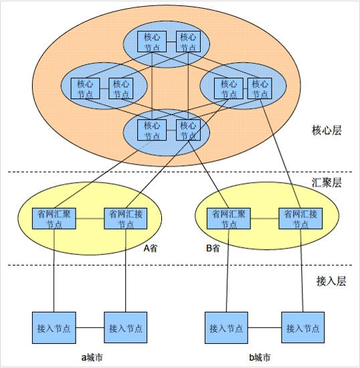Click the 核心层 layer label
coord(327,130)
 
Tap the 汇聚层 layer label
coord(327,183)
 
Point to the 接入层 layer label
coord(331,281)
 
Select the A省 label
coord(150,248)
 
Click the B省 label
coord(213,248)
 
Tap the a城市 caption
coord(92,357)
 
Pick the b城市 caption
coord(260,357)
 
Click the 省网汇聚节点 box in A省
coord(54,219)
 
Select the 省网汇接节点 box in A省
coord(126,219)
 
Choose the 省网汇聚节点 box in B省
coord(229,219)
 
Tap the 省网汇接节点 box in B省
coord(300,219)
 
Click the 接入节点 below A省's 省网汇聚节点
coord(54,328)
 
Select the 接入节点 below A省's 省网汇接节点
coord(126,328)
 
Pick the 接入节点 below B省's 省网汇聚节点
coord(226,328)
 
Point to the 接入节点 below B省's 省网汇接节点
coord(302,328)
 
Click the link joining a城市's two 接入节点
coord(90,328)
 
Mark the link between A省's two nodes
coord(90,219)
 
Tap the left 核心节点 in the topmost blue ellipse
coord(152,41)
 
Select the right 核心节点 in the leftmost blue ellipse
coord(121,88)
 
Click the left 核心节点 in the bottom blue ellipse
coord(152,130)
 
